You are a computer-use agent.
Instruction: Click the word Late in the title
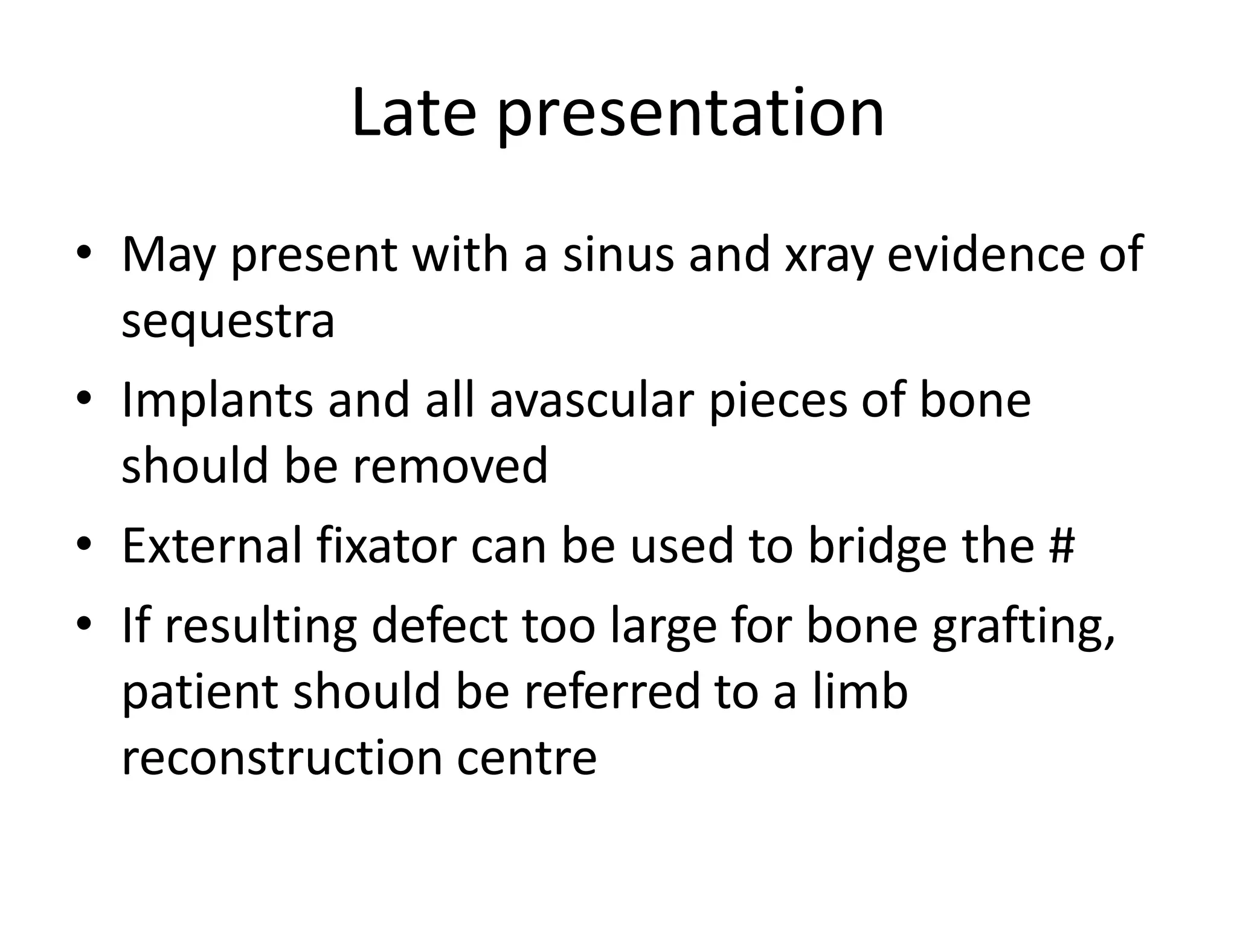414,114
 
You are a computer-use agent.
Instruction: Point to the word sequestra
228,323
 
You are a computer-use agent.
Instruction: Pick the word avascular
591,401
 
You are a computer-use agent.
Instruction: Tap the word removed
450,466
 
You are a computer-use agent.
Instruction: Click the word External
211,546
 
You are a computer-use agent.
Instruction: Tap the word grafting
1023,628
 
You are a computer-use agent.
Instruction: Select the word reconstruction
281,758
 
